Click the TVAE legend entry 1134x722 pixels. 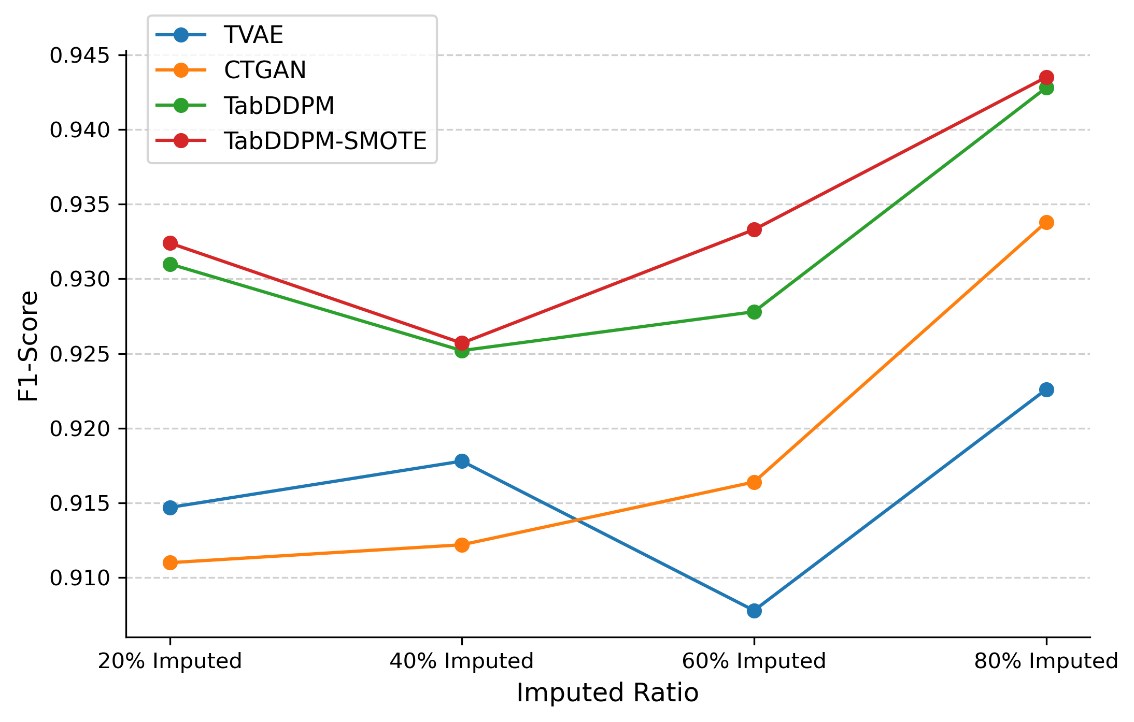click(253, 35)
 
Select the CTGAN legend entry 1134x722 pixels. click(264, 70)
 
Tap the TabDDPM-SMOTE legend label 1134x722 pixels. click(325, 141)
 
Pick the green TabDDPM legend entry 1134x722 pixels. click(279, 106)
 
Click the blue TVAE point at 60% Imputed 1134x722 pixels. click(754, 611)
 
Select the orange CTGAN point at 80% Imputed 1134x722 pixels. click(1046, 223)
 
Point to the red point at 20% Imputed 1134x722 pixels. click(170, 243)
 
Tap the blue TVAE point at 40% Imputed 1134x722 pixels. click(462, 461)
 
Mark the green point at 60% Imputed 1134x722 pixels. click(754, 312)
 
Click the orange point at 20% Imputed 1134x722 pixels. click(170, 562)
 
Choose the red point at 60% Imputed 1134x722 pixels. click(754, 229)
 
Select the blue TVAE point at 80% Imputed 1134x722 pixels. click(1046, 389)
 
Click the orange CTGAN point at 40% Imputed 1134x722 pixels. click(462, 545)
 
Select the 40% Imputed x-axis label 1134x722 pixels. click(461, 661)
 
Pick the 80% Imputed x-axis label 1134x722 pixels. click(1046, 661)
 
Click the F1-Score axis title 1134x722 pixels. click(28, 346)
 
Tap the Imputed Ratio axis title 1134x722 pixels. click(607, 693)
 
